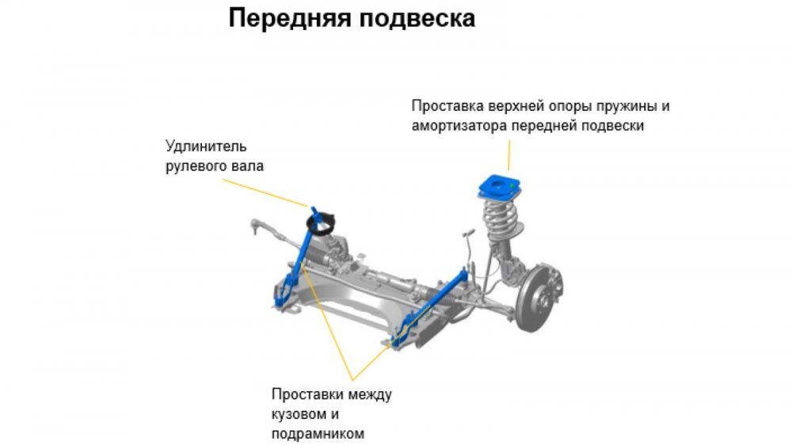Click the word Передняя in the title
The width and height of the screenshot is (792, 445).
point(290,17)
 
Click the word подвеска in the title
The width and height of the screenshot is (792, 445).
point(417,19)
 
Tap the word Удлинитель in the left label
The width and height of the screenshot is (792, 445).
point(206,146)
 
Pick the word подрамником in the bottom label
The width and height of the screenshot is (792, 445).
point(318,435)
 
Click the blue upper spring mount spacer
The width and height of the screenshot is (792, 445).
point(499,187)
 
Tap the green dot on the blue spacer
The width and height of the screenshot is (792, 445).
point(512,186)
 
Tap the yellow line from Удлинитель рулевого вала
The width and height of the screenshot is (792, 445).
point(265,193)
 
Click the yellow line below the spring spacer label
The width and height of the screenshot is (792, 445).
point(509,155)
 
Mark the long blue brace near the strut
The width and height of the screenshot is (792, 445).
point(429,307)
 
